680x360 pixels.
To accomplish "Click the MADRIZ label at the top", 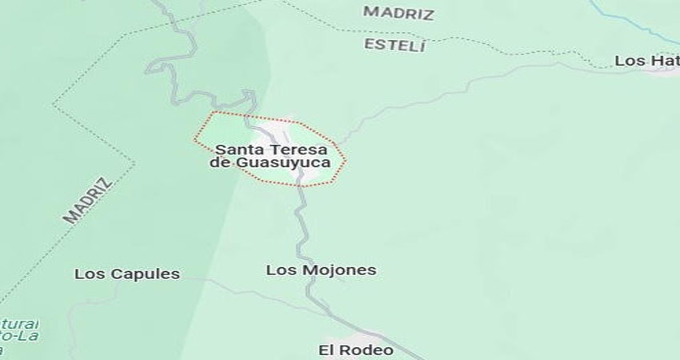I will (x=398, y=13).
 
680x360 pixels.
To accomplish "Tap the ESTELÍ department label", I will (x=394, y=45).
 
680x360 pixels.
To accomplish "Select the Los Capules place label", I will (x=127, y=274).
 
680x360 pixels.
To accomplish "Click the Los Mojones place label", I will (x=321, y=270).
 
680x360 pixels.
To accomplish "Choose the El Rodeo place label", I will (x=355, y=350).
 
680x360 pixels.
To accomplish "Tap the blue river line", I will (x=632, y=24).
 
